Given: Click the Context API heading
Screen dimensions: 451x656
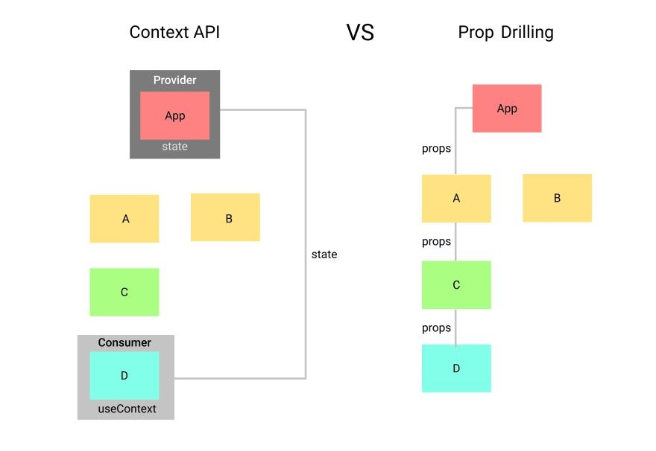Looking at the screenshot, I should tap(174, 33).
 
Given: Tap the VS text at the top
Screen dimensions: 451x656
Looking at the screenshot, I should tap(360, 33).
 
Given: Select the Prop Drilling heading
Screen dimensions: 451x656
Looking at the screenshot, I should tap(505, 33).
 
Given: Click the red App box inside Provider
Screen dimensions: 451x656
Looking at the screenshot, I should tap(174, 115).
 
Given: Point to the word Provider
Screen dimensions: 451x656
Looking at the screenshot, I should tap(174, 80).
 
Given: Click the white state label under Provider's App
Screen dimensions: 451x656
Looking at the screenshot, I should tap(174, 147).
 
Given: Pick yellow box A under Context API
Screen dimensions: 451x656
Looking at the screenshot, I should tap(124, 219).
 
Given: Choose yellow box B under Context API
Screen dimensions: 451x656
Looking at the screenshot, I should tap(225, 217).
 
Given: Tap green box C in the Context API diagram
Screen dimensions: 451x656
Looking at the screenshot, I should tap(124, 292).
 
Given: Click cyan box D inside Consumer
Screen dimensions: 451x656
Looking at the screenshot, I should tap(124, 376).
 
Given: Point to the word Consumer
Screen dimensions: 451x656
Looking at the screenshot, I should tap(124, 343).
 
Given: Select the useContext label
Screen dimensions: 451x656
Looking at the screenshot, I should tap(127, 409).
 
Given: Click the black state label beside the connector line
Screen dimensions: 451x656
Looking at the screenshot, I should tap(324, 255).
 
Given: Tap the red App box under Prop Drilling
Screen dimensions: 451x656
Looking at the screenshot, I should tap(507, 109).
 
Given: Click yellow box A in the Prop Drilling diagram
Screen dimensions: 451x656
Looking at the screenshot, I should tap(456, 198).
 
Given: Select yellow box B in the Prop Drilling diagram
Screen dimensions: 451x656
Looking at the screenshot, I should tap(557, 198).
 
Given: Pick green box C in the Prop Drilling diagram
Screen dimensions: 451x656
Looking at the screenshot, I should tap(456, 285).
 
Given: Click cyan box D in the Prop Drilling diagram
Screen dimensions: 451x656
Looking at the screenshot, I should tap(456, 368).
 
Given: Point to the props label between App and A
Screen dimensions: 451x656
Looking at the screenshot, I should tap(436, 149).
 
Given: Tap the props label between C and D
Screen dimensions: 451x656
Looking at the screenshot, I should tap(436, 328).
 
